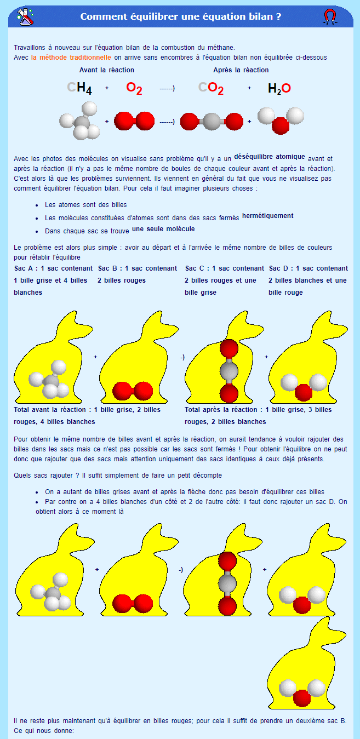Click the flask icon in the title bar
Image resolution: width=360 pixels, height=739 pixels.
25,16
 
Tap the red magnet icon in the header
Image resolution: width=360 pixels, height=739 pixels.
329,16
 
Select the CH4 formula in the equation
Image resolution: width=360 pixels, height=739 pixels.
79,88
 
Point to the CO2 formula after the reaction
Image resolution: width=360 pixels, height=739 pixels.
211,88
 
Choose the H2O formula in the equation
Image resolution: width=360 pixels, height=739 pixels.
279,88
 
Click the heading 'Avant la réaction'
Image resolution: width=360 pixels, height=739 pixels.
106,70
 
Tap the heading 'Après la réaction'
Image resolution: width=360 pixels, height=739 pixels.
241,70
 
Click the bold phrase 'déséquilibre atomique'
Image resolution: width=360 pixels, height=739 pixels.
270,156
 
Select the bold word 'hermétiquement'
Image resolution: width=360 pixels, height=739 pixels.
268,216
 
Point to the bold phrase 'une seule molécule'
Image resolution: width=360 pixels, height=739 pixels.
163,229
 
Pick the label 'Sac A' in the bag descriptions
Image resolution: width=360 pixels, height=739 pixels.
24,268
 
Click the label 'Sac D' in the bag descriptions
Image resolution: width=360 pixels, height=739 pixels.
279,268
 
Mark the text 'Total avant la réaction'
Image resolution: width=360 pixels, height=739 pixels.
52,410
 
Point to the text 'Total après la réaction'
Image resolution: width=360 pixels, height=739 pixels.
223,410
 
